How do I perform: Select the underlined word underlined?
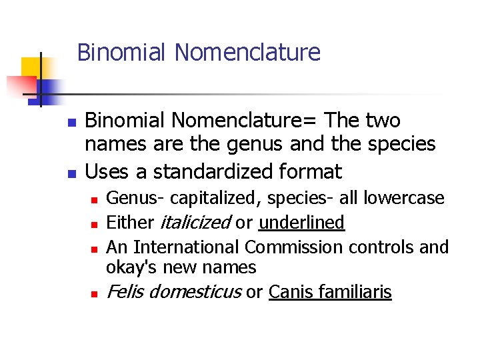[x=301, y=223]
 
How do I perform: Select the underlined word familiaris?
[x=354, y=292]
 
